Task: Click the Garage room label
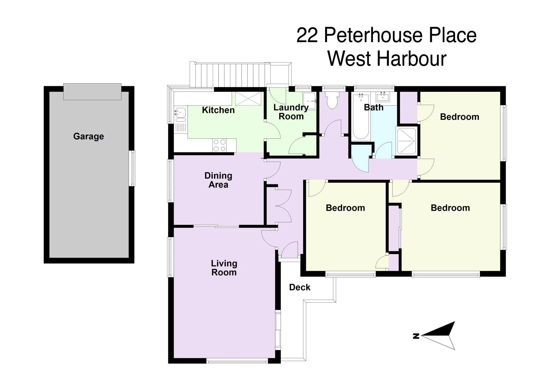coord(88,136)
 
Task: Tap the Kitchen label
coord(218,110)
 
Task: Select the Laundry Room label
coord(291,112)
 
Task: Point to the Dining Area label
coord(218,180)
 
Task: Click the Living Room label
coord(224,268)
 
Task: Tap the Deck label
coord(300,287)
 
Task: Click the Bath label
coord(374,108)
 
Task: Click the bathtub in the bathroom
coord(360,117)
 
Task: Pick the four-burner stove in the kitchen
coord(220,145)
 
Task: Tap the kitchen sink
coord(181,114)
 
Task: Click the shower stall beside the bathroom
coord(407,141)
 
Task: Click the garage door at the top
coord(92,92)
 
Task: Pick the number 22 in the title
coord(308,35)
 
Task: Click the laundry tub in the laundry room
coord(309,101)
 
